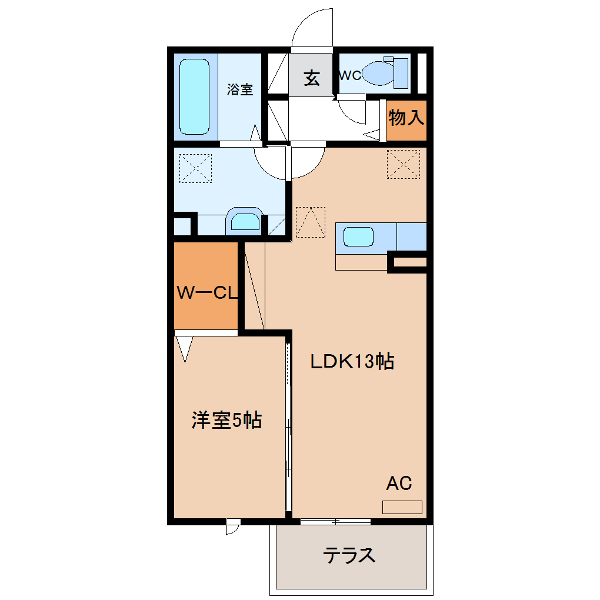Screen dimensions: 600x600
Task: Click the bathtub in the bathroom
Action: coord(194,96)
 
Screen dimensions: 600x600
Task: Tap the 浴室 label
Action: coord(240,89)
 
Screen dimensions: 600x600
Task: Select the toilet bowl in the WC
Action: coord(378,73)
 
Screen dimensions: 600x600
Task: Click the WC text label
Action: coord(351,75)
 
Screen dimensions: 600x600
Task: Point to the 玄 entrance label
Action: coord(312,78)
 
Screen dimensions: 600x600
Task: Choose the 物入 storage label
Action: coord(406,117)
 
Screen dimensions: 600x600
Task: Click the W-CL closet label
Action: coord(206,293)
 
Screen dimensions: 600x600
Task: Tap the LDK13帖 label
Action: coord(352,361)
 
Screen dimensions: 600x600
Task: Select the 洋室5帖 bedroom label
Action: coord(226,420)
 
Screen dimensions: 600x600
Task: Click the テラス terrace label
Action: coord(349,555)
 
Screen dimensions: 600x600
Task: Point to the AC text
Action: coord(399,484)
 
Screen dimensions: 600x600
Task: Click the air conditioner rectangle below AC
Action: coord(402,507)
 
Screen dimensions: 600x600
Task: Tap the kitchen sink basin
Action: coord(359,236)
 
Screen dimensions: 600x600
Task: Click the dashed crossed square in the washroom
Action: coord(195,168)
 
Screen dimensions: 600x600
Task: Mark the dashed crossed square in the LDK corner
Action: coord(404,164)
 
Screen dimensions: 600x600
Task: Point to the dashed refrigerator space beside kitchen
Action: coord(311,222)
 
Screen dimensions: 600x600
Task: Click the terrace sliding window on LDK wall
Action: coord(335,521)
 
